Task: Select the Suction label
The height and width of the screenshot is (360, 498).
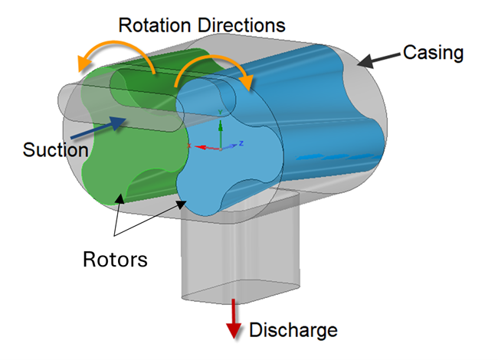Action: pyautogui.click(x=55, y=149)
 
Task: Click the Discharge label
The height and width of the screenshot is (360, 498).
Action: pyautogui.click(x=293, y=331)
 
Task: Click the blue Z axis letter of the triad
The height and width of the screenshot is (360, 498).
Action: pyautogui.click(x=241, y=143)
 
